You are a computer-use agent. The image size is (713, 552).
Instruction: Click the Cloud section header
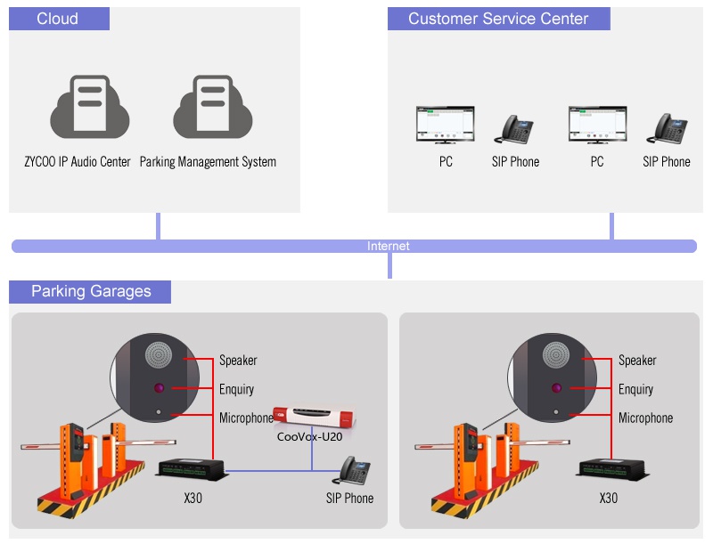[58, 19]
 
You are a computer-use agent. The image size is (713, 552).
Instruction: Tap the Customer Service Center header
[498, 19]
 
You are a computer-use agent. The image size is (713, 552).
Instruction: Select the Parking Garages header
[91, 291]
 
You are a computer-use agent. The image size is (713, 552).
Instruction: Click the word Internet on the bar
[389, 246]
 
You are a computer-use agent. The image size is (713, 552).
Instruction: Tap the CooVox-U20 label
[309, 436]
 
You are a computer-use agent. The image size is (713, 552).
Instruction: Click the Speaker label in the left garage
[238, 361]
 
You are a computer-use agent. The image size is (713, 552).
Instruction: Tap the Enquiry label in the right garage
[636, 389]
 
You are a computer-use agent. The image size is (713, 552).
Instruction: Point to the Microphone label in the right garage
[646, 418]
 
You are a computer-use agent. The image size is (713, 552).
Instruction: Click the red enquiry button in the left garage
[159, 388]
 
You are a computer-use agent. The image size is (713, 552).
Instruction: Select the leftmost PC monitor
[446, 126]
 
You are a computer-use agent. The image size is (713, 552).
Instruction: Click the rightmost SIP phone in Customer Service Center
[668, 129]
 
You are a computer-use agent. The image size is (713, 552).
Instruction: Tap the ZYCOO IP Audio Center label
[78, 162]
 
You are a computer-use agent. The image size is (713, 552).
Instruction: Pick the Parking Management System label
[208, 162]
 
